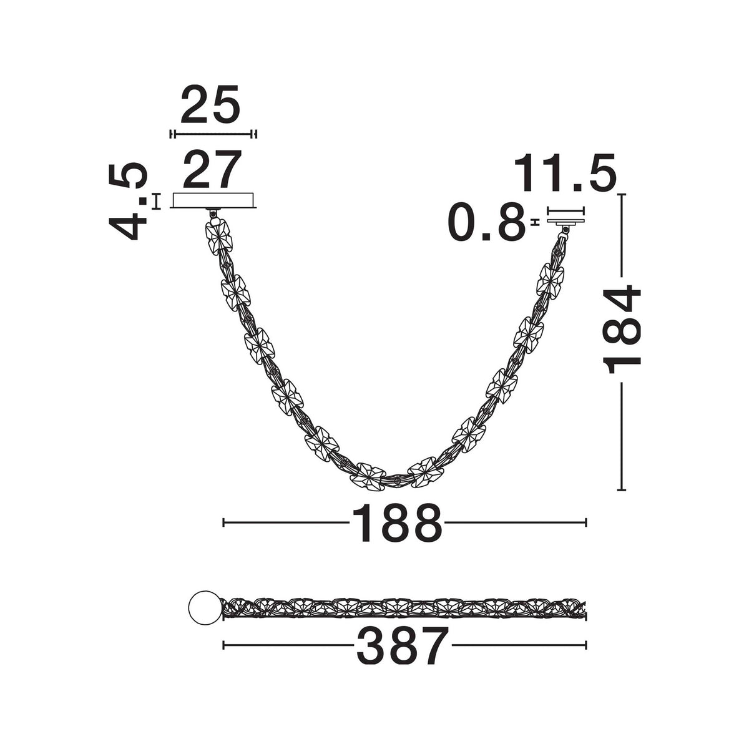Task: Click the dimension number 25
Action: tap(210, 104)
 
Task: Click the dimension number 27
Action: tap(212, 169)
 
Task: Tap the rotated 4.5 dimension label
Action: tap(128, 202)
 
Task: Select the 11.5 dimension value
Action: tap(565, 172)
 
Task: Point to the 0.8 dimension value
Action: tap(487, 221)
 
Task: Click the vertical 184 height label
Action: tap(622, 329)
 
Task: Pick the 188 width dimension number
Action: tap(397, 523)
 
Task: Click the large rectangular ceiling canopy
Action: tap(213, 200)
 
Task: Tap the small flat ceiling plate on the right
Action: tap(565, 221)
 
